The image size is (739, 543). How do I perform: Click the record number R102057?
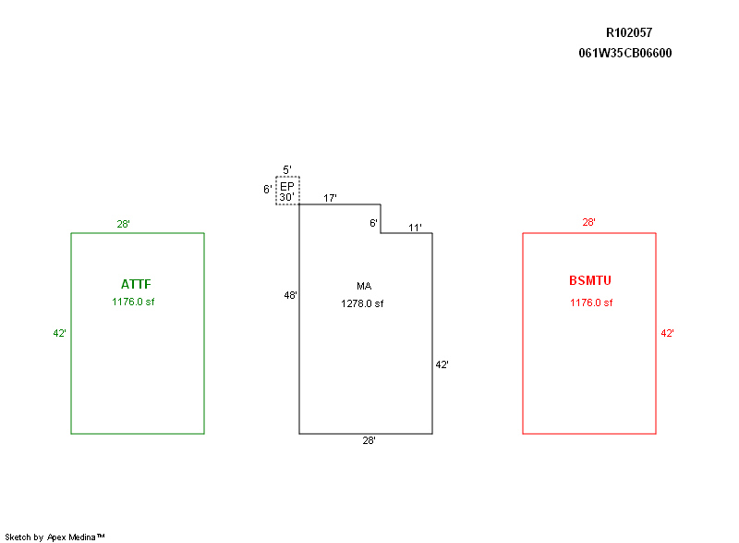click(628, 32)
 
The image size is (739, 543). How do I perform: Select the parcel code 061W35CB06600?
click(624, 53)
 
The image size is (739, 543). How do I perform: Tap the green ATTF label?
click(136, 284)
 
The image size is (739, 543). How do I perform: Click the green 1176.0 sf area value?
click(133, 302)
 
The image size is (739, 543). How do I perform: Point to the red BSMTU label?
click(590, 280)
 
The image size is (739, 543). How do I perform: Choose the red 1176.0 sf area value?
click(590, 302)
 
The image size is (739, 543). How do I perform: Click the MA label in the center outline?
click(363, 286)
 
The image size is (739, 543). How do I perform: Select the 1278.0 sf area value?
click(362, 303)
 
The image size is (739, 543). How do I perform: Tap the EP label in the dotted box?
click(286, 186)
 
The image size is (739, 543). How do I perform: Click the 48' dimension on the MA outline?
click(290, 295)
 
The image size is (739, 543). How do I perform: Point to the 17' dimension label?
click(330, 198)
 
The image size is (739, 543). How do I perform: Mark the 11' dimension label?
click(416, 228)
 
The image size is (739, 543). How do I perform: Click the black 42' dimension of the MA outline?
click(442, 365)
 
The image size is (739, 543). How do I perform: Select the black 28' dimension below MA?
click(369, 441)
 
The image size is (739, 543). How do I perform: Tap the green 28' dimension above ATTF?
click(123, 224)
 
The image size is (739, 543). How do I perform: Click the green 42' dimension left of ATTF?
click(59, 333)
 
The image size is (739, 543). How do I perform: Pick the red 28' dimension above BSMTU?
click(588, 222)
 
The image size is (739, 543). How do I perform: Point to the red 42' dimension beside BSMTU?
click(667, 333)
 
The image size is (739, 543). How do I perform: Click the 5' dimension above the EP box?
click(287, 169)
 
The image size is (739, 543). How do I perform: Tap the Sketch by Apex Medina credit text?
click(55, 537)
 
